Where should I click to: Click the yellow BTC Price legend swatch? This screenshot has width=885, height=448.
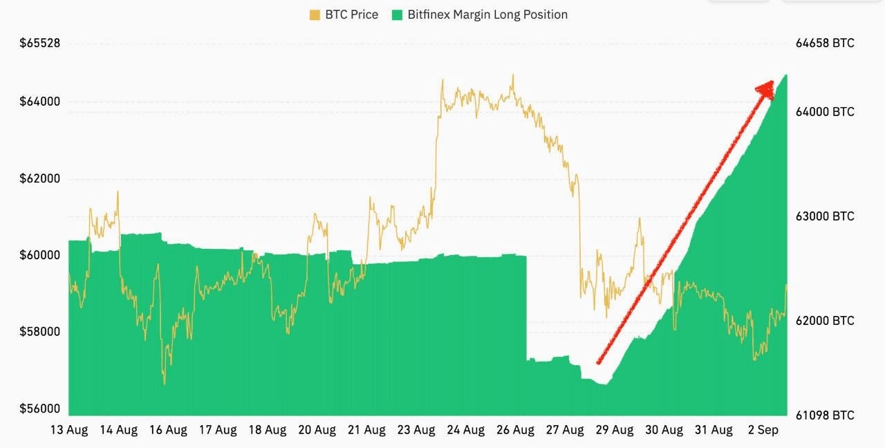315,15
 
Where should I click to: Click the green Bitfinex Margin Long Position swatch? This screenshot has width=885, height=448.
397,15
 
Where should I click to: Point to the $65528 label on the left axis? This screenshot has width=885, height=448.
40,43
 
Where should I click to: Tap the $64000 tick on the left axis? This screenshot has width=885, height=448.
40,102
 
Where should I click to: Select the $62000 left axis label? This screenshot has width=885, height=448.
40,178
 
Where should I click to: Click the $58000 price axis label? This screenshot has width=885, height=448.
40,331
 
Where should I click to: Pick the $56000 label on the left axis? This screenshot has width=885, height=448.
40,408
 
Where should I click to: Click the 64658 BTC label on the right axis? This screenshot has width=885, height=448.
825,43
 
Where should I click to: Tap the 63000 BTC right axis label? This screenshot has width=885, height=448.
825,216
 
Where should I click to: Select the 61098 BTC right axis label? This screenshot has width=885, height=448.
825,416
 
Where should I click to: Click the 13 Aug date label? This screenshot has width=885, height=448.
69,430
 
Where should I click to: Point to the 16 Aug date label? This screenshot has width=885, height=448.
168,430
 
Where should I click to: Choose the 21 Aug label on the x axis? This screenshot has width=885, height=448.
366,430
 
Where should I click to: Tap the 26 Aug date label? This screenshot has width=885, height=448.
515,430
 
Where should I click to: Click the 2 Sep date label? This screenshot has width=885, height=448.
763,430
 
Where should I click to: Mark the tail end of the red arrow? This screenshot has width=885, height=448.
599,362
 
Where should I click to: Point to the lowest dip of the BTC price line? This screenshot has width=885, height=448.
165,384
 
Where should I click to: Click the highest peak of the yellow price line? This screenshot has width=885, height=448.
512,75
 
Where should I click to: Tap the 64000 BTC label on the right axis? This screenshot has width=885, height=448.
825,112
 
